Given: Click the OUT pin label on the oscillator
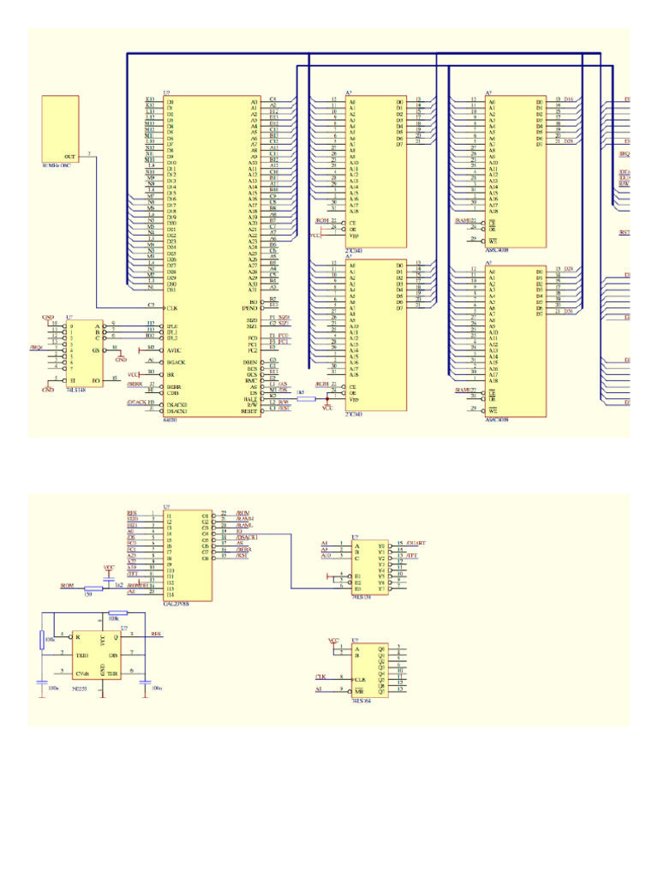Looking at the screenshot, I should pos(69,157).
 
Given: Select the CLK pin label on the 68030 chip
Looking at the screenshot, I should pos(171,307).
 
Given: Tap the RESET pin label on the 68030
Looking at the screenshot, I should pos(252,411).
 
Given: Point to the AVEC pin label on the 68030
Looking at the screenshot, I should pos(174,349).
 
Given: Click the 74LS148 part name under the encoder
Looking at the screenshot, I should pos(75,390).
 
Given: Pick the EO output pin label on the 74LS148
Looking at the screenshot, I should pos(95,379).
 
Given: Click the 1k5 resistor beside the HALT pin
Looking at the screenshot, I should pos(301,397).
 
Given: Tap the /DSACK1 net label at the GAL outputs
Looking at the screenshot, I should pos(246,537).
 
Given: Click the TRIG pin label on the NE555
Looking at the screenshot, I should pos(82,655).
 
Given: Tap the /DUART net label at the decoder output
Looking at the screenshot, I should pos(416,543).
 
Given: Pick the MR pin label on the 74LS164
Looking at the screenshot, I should pos(358,689).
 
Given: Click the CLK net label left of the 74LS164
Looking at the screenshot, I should pos(320,677).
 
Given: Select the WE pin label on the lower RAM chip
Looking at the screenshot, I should pos(493,411).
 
